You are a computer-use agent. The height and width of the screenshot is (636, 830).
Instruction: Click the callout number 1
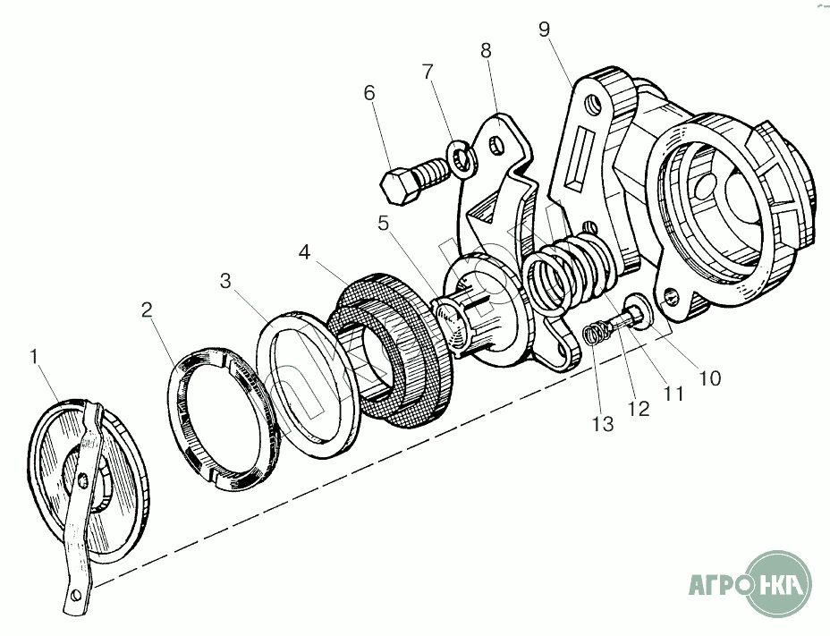coord(34,358)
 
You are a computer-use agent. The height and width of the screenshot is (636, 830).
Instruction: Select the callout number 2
coord(147,310)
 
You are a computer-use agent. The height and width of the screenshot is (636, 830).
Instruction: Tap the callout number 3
coord(226,281)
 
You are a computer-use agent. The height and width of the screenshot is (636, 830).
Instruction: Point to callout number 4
coord(304,252)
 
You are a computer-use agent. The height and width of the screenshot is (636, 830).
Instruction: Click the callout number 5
coord(383,223)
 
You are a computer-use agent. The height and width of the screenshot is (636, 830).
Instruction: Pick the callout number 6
coord(369,93)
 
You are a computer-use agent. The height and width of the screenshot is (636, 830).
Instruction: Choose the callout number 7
coord(428,72)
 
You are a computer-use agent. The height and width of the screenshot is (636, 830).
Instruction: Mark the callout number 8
coord(486,50)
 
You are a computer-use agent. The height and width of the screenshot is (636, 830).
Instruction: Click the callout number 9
coord(545,30)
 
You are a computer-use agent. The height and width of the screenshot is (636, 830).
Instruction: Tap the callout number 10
coord(710,378)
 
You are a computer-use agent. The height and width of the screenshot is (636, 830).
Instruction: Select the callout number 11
coord(673,394)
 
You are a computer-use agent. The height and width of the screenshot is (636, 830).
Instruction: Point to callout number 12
coord(639,409)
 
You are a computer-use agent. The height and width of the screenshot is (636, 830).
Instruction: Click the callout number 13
coord(603,424)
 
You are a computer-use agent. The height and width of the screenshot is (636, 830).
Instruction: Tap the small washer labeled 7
coord(463,159)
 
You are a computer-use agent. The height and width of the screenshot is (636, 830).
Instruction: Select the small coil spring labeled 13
coord(596,335)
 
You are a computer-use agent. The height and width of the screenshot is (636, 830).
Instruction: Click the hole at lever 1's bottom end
coord(77,595)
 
